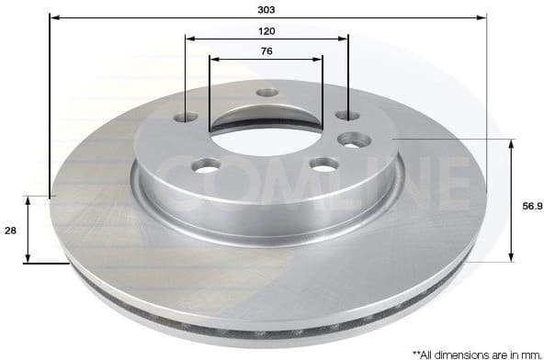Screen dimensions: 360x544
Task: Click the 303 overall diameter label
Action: point(266,8)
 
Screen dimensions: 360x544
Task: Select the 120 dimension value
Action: point(266,30)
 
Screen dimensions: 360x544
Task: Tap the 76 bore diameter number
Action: point(266,51)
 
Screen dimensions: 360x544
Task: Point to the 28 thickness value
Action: point(10,232)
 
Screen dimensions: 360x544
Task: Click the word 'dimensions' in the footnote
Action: point(469,353)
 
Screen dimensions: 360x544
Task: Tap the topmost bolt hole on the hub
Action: point(266,93)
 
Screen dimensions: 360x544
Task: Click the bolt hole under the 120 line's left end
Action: point(186,117)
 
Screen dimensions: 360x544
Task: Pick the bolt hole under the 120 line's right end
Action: point(347,115)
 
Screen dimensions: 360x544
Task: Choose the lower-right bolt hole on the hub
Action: point(323,164)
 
